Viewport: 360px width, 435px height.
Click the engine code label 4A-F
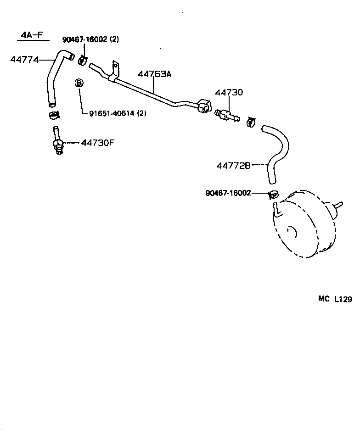[33, 36]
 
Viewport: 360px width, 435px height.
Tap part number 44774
[24, 59]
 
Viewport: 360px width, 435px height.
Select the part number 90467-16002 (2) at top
[90, 39]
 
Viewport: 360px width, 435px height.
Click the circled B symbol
[79, 83]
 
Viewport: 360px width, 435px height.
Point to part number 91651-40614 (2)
[114, 113]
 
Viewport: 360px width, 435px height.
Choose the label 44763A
[154, 74]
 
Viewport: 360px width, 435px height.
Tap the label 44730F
[97, 143]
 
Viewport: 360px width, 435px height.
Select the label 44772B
[234, 165]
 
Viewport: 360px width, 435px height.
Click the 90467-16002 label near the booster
[228, 193]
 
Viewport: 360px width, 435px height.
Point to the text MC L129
[335, 299]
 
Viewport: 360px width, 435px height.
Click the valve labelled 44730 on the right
[226, 114]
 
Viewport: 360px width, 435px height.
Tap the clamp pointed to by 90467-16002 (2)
[83, 60]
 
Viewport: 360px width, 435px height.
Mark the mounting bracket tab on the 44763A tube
[116, 69]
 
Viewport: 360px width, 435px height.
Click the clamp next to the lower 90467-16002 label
[272, 194]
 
